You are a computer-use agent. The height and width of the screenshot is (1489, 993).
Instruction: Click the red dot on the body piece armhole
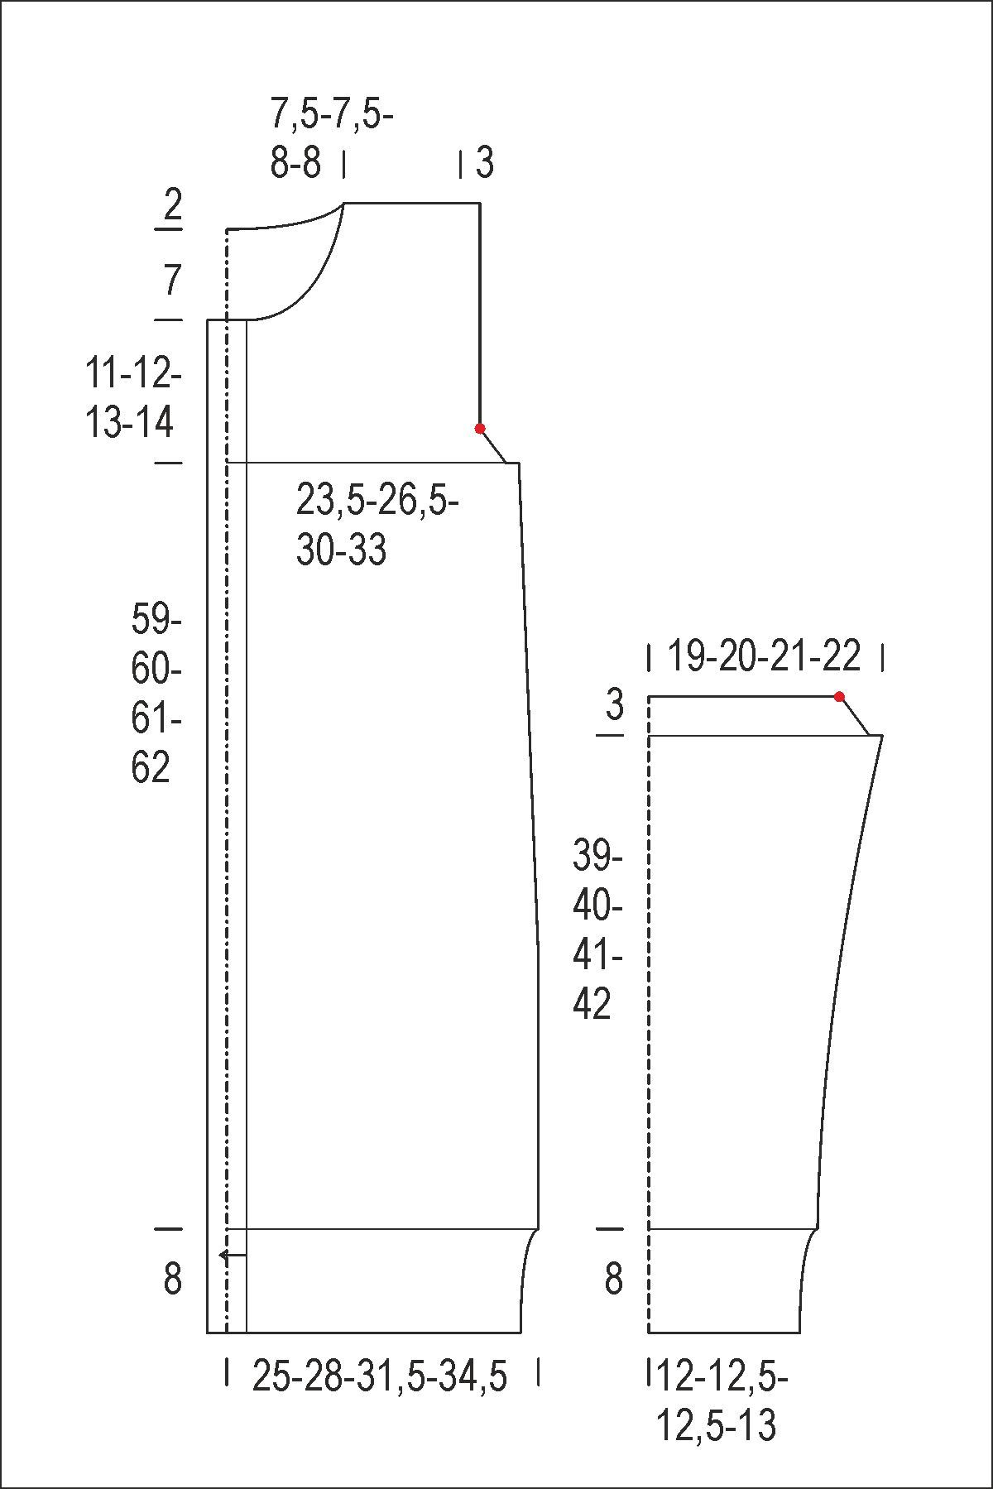[x=480, y=428]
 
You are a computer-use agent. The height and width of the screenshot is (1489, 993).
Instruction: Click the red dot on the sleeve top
[x=839, y=697]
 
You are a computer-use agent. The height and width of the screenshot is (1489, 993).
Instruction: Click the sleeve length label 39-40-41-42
[x=597, y=929]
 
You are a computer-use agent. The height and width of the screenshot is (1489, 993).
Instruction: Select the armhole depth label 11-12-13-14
[x=133, y=399]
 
